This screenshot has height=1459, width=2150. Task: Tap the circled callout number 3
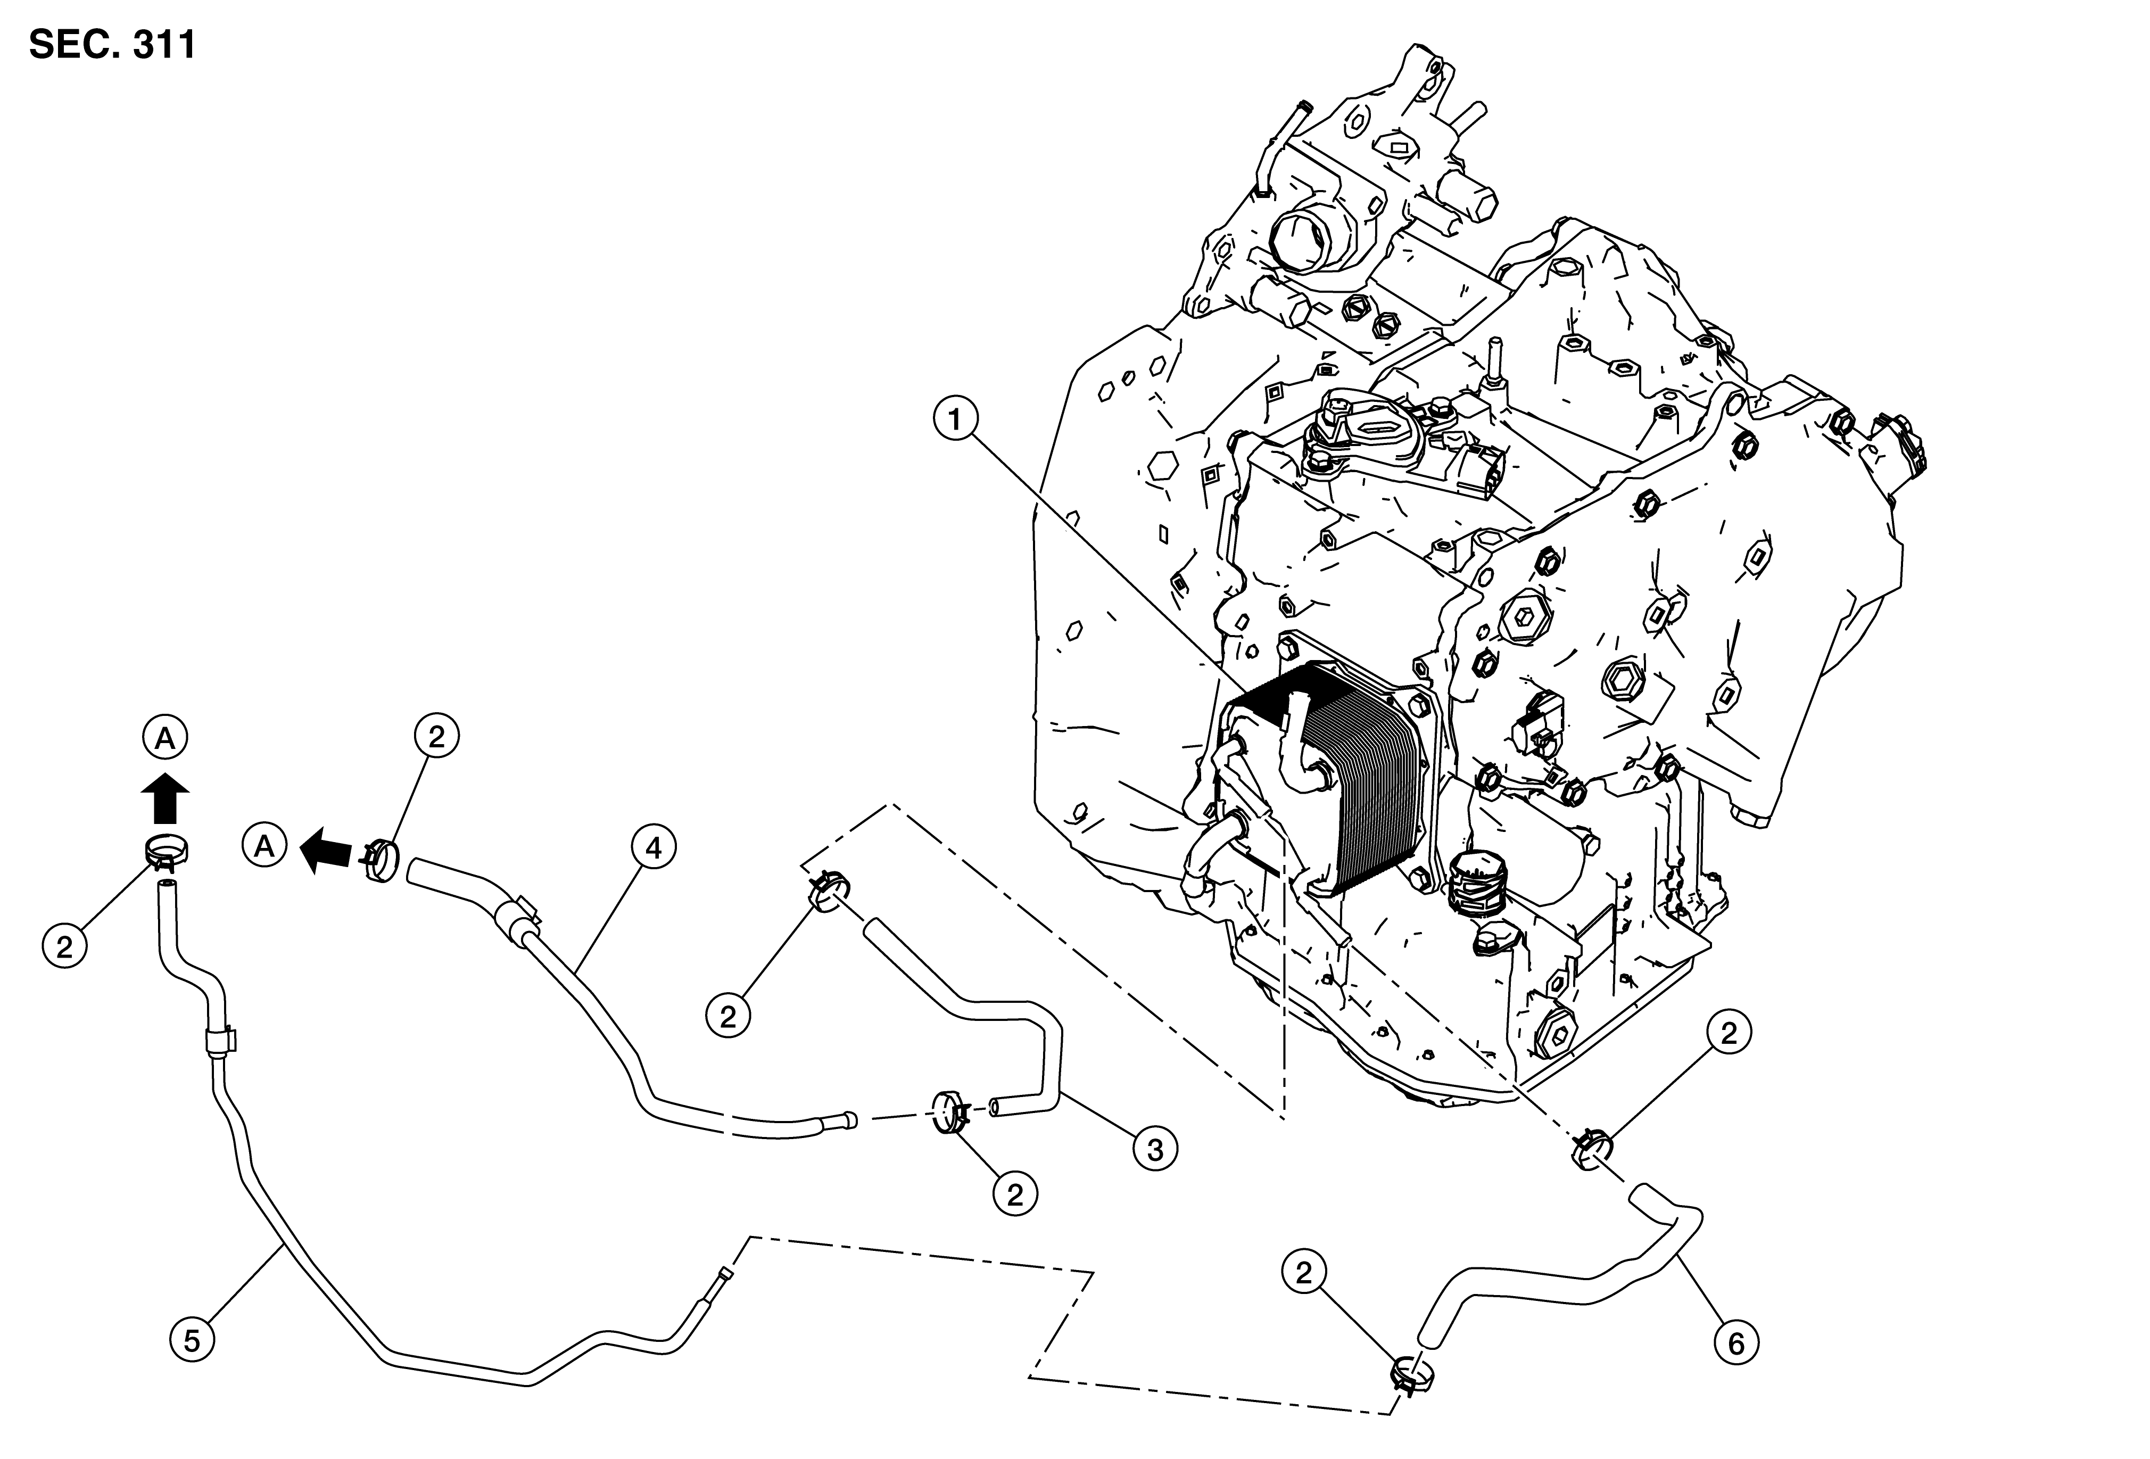(x=1155, y=1149)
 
